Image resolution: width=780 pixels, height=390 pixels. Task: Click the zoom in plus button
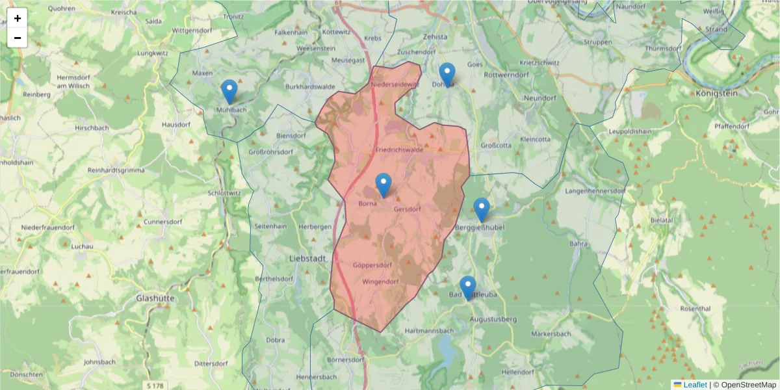pyautogui.click(x=18, y=18)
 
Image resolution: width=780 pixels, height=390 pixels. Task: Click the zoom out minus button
pyautogui.click(x=18, y=38)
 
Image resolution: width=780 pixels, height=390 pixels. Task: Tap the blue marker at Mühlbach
pyautogui.click(x=229, y=92)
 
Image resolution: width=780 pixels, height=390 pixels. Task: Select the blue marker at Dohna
pyautogui.click(x=447, y=75)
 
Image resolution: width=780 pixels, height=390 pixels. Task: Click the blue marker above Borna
pyautogui.click(x=384, y=185)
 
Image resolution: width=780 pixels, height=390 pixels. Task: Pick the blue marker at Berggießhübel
pyautogui.click(x=481, y=210)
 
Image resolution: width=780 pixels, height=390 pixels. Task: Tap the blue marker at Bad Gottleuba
pyautogui.click(x=468, y=288)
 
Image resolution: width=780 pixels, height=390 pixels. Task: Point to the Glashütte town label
pyautogui.click(x=155, y=298)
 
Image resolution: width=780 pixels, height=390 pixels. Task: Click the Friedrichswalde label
pyautogui.click(x=399, y=149)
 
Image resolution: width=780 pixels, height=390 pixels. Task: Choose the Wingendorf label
pyautogui.click(x=380, y=282)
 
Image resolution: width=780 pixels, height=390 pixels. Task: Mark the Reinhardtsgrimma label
pyautogui.click(x=118, y=170)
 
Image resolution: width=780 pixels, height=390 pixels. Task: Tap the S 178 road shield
pyautogui.click(x=155, y=385)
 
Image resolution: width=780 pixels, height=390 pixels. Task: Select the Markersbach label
pyautogui.click(x=551, y=334)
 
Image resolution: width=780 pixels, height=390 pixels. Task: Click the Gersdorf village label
pyautogui.click(x=408, y=209)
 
